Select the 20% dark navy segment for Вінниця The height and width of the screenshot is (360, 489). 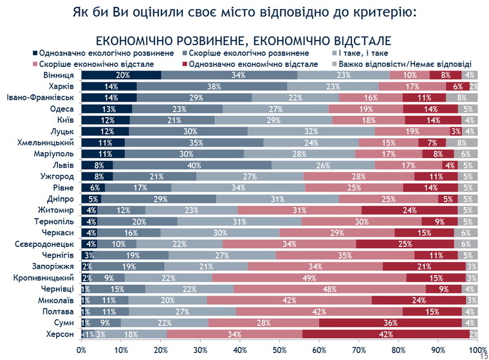pyautogui.click(x=121, y=75)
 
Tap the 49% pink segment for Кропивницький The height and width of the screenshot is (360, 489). pyautogui.click(x=309, y=278)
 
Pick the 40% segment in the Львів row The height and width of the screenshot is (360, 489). pyautogui.click(x=192, y=165)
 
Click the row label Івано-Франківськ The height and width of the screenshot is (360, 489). pyautogui.click(x=42, y=98)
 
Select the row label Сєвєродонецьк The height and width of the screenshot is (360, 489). pyautogui.click(x=43, y=244)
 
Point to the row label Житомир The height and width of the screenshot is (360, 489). pyautogui.click(x=56, y=210)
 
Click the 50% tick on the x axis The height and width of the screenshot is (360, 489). pyautogui.click(x=280, y=350)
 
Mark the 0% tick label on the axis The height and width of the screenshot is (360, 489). pyautogui.click(x=82, y=350)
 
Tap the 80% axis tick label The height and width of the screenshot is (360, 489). pyautogui.click(x=399, y=350)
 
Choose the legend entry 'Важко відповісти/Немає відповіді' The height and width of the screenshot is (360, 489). pyautogui.click(x=405, y=64)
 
